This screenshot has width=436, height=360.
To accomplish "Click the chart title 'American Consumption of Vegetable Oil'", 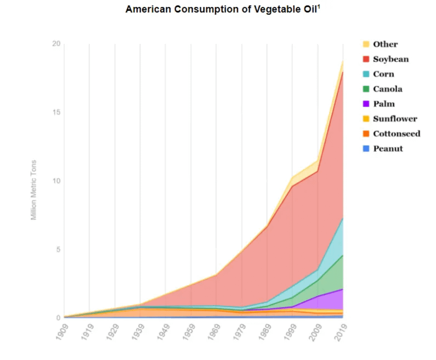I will (x=221, y=10).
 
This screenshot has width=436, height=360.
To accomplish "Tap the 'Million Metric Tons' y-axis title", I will (x=33, y=189).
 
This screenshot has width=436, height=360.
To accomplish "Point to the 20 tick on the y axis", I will (x=55, y=44).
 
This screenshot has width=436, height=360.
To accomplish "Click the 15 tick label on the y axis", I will (x=55, y=113).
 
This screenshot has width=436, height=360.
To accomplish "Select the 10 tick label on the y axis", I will (x=55, y=181).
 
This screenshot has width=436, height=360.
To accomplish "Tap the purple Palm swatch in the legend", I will (x=366, y=104).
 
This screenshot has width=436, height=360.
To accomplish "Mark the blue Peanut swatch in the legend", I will (x=366, y=148).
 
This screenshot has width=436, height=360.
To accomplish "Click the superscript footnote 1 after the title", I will (x=319, y=7).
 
